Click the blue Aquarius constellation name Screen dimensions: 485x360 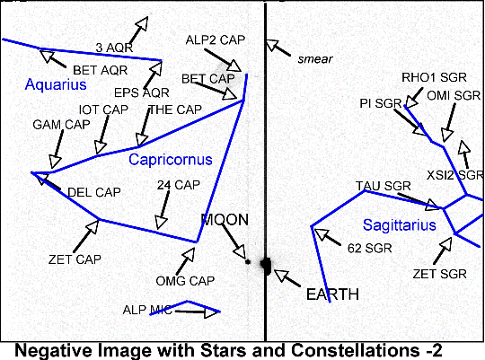[56, 84]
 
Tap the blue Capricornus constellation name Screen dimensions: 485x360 [171, 160]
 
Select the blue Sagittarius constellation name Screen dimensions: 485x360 [400, 224]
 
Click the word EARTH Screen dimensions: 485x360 [332, 294]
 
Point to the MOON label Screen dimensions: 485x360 [225, 220]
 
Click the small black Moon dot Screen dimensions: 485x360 [248, 262]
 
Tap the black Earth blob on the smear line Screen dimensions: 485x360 [266, 266]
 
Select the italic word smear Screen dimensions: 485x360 [315, 59]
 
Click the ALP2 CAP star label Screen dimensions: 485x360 [216, 40]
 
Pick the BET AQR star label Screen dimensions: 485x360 [101, 70]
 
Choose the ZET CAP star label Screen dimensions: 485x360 [75, 259]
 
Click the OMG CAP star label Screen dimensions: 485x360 [185, 281]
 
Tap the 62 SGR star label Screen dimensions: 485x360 [370, 248]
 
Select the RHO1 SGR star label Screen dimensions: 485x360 [434, 77]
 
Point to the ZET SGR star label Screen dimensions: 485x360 [439, 274]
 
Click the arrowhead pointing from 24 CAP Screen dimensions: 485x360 [161, 223]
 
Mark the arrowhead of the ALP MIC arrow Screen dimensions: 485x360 [212, 312]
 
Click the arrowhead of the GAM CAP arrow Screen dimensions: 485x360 [55, 162]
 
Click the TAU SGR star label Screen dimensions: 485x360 [384, 186]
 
